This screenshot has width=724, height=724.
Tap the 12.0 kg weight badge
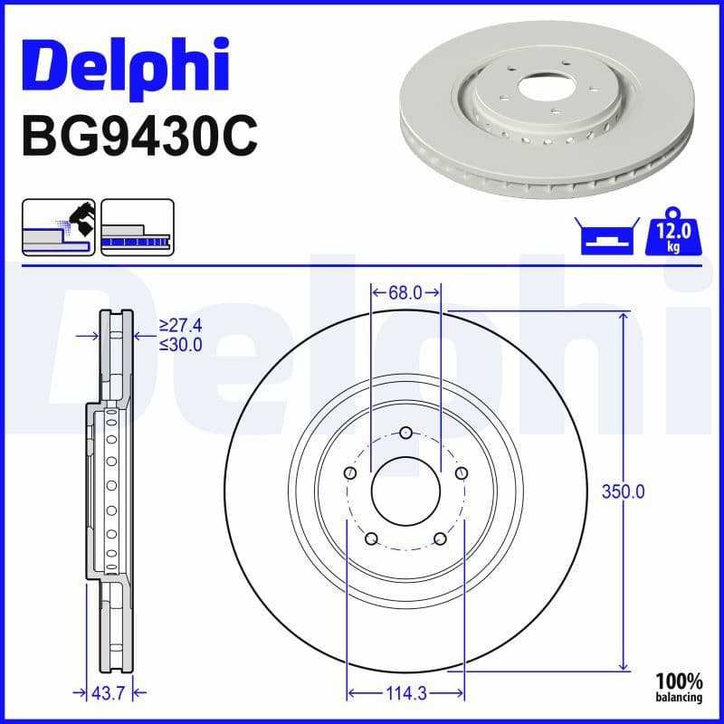pyautogui.click(x=672, y=235)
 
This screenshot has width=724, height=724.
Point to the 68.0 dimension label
pyautogui.click(x=405, y=292)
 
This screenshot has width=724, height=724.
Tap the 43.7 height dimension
pyautogui.click(x=108, y=693)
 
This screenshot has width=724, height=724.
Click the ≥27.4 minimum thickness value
pyautogui.click(x=180, y=325)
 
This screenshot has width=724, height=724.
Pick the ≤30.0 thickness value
pyautogui.click(x=180, y=344)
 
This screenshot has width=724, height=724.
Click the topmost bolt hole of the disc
pyautogui.click(x=405, y=433)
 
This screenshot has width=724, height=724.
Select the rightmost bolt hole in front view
pyautogui.click(x=462, y=472)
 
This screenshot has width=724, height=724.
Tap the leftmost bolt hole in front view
pyautogui.click(x=350, y=472)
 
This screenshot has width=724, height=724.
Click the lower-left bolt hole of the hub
pyautogui.click(x=371, y=539)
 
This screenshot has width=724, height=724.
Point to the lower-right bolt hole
pyautogui.click(x=441, y=539)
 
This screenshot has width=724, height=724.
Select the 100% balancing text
pyautogui.click(x=679, y=687)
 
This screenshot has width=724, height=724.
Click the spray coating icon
pyautogui.click(x=58, y=226)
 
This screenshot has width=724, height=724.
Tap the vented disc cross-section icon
pyautogui.click(x=137, y=226)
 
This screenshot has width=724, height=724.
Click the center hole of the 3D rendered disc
pyautogui.click(x=544, y=89)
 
